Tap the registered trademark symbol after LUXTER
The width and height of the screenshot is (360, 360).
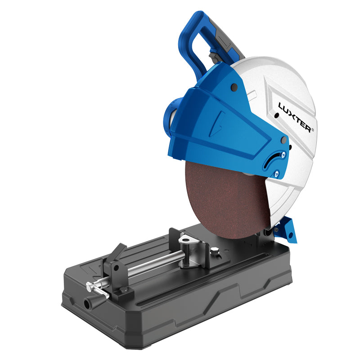[312, 130]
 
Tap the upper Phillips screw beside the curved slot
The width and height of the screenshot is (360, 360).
[283, 154]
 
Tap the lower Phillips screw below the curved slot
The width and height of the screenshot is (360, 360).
[277, 174]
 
